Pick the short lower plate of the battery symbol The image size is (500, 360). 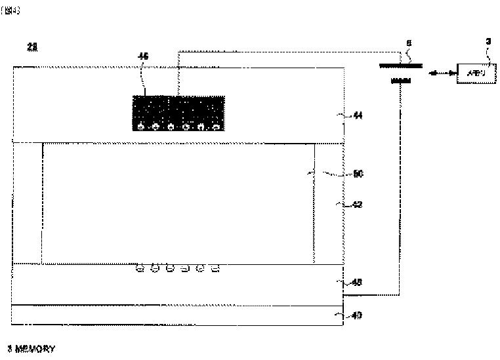[401, 81]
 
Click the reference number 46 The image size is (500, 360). [143, 56]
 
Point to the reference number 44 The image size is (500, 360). [357, 115]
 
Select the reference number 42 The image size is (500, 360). [357, 205]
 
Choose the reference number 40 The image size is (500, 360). [357, 315]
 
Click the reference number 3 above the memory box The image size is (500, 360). [488, 41]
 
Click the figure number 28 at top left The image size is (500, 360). [31, 46]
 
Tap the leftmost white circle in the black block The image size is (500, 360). [140, 127]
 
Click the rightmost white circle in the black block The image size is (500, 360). [217, 127]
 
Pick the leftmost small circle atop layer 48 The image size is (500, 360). [139, 268]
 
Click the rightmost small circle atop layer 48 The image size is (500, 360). [215, 268]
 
